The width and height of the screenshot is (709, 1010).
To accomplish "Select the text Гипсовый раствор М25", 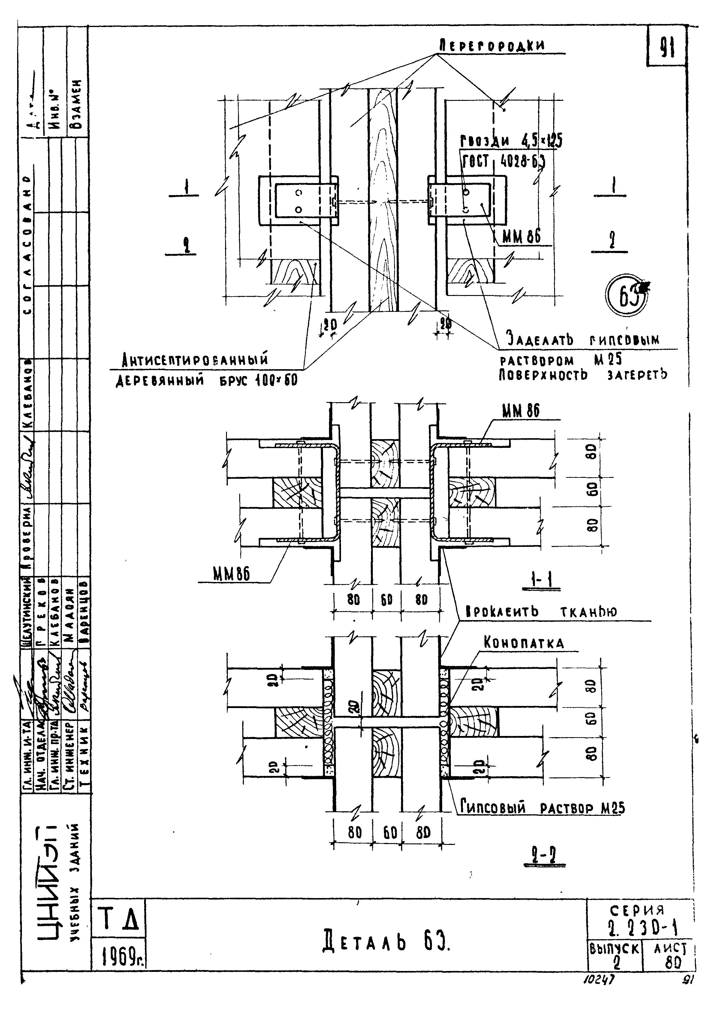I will click(542, 808).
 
